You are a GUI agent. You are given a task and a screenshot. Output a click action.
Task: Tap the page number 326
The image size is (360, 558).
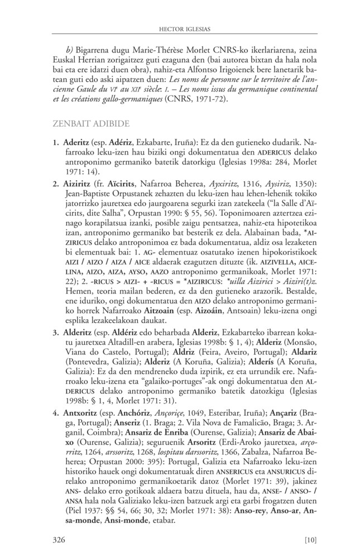[x=60, y=538]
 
